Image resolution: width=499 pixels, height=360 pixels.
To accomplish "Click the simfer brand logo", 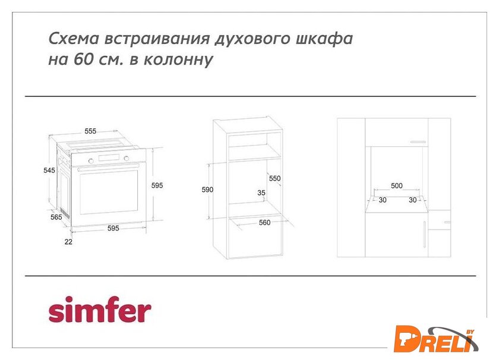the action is (x=100, y=309).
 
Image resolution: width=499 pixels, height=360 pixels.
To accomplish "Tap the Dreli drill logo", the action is (x=435, y=339).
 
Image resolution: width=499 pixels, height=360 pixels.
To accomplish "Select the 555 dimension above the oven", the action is (x=90, y=131).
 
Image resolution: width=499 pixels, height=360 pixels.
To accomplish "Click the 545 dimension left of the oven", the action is (x=49, y=170).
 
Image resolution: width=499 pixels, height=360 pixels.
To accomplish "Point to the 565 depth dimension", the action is (x=56, y=217).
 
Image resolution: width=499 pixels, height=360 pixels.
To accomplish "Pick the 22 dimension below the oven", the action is (x=68, y=242).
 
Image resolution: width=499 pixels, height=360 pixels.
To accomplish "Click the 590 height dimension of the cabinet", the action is (x=207, y=190).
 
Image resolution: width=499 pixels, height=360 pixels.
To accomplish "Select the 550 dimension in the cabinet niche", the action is (x=274, y=178).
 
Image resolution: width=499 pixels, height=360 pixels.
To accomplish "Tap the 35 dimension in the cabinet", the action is (x=261, y=192).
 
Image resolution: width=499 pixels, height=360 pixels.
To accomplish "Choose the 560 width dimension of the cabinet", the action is (x=264, y=223).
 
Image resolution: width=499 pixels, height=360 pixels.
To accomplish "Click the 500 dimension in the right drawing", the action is (x=397, y=185).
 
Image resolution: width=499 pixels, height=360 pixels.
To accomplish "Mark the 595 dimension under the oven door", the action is (x=113, y=228).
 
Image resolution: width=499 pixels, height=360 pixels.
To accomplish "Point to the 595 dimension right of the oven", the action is (x=157, y=185).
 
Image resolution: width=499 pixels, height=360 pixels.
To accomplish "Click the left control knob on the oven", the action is (x=91, y=161).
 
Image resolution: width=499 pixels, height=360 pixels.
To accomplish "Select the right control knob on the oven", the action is (x=127, y=158).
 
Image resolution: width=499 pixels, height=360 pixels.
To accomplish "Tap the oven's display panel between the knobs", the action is (x=109, y=158).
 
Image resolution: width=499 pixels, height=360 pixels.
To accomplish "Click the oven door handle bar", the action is (x=108, y=168).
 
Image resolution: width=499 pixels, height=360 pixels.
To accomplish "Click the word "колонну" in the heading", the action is (x=179, y=59).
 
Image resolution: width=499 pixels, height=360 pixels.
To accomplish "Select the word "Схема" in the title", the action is (x=74, y=39).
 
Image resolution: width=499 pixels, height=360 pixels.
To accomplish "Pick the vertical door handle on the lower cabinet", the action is (x=425, y=234).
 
